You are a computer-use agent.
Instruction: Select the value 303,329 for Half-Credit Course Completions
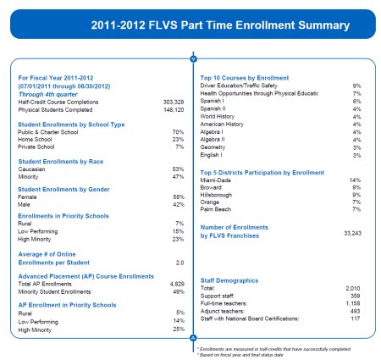coord(172,101)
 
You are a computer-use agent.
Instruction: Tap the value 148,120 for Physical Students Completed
coord(172,108)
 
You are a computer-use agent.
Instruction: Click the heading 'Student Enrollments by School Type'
coord(71,125)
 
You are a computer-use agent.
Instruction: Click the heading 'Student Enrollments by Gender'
coord(66,188)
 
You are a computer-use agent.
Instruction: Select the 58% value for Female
coord(178,197)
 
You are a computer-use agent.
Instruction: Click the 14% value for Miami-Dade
coord(356,180)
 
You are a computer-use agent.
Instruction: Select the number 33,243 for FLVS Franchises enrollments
coord(351,232)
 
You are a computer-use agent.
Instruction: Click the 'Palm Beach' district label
coord(217,208)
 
